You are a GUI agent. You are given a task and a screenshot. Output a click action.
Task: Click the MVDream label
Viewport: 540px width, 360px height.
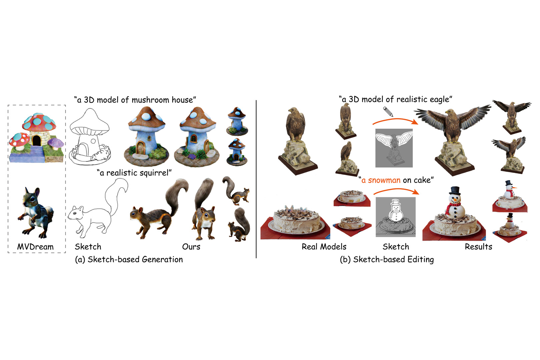pos(35,247)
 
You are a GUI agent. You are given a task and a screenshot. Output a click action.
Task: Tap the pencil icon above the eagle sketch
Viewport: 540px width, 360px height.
pos(388,112)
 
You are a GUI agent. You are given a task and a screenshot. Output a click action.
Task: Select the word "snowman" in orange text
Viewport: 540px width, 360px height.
pos(384,180)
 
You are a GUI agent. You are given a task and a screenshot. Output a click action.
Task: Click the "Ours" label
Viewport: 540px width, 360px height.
pos(191,247)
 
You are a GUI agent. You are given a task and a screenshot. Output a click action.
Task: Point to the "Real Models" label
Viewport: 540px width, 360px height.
pos(324,247)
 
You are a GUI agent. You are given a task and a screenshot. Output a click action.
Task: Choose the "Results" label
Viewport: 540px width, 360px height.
pos(479,247)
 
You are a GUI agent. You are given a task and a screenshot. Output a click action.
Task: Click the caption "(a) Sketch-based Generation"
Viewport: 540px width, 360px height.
pos(129,259)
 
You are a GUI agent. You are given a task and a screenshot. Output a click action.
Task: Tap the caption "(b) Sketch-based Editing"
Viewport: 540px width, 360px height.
pos(387,259)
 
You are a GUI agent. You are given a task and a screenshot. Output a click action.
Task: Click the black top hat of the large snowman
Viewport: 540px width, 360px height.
pos(455,191)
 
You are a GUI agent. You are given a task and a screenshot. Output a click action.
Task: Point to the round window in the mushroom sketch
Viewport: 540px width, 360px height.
pos(93,141)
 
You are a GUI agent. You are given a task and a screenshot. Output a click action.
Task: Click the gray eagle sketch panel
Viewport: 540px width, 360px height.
pos(394,148)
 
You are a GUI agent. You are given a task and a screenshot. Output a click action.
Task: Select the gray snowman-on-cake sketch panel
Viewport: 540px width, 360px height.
pos(396,217)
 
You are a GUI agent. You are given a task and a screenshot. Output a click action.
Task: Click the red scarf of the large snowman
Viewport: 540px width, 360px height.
pos(452,207)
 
